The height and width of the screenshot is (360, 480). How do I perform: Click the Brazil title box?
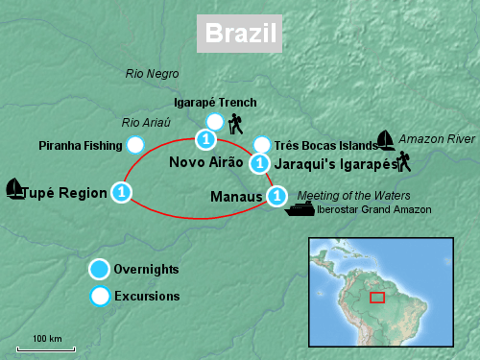pyautogui.click(x=240, y=35)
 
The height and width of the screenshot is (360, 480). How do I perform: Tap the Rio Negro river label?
pyautogui.click(x=153, y=74)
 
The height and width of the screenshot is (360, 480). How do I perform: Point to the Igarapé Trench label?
pyautogui.click(x=215, y=103)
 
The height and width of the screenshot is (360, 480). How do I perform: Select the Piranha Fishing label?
pyautogui.click(x=80, y=146)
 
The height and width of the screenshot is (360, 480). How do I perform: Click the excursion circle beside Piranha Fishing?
pyautogui.click(x=135, y=146)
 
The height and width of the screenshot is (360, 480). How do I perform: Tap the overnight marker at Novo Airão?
pyautogui.click(x=204, y=140)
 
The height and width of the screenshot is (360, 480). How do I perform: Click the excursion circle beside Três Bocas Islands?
pyautogui.click(x=261, y=146)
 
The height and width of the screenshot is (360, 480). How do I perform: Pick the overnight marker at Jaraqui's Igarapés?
pyautogui.click(x=258, y=163)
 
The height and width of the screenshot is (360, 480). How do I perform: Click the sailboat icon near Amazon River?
pyautogui.click(x=386, y=140)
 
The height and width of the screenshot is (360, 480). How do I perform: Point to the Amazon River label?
pyautogui.click(x=437, y=139)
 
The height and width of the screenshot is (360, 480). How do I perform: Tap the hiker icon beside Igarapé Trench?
pyautogui.click(x=235, y=124)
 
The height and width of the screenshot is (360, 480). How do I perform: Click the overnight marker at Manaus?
pyautogui.click(x=276, y=197)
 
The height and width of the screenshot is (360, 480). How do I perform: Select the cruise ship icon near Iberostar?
pyautogui.click(x=300, y=209)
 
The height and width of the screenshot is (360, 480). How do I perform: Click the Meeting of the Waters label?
pyautogui.click(x=346, y=195)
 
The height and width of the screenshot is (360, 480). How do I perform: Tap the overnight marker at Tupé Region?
pyautogui.click(x=121, y=193)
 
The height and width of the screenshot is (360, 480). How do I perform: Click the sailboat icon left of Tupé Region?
pyautogui.click(x=15, y=189)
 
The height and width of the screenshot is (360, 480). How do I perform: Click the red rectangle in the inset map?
pyautogui.click(x=377, y=297)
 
